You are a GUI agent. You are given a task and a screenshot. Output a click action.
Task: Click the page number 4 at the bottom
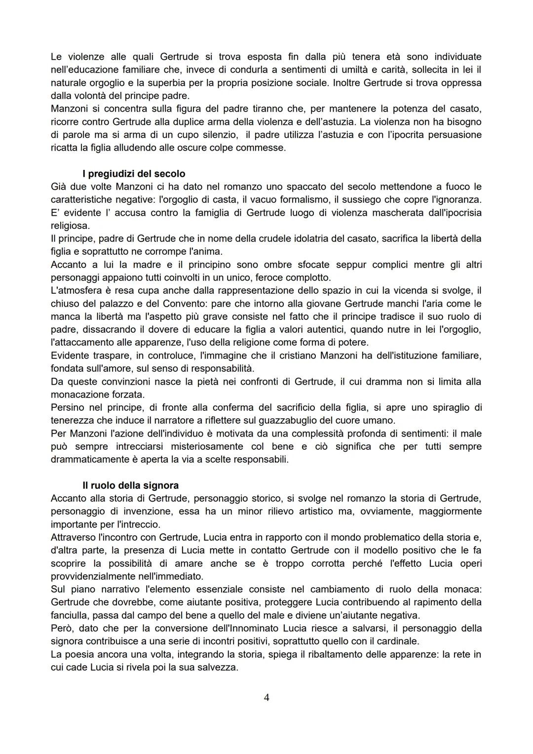266,697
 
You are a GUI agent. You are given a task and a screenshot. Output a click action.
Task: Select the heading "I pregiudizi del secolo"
134,174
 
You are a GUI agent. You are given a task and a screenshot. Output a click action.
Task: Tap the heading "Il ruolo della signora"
130,485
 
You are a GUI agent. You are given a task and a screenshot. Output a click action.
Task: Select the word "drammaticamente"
86,459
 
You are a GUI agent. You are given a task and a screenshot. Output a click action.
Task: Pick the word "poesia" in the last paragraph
80,654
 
